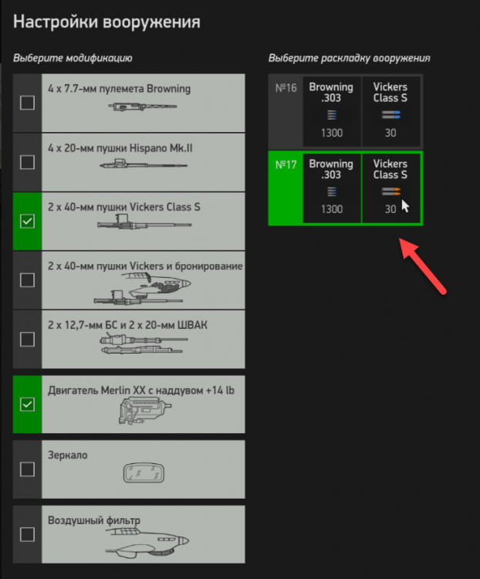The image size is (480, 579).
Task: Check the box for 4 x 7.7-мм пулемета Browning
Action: (x=27, y=103)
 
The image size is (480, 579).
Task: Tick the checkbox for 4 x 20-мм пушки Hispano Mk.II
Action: (x=27, y=162)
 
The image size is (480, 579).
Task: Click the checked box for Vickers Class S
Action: (x=27, y=222)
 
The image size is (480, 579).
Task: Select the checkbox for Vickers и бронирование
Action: (x=27, y=280)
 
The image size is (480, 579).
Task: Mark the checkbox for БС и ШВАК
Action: (x=27, y=340)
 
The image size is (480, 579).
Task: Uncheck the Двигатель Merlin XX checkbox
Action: (x=27, y=405)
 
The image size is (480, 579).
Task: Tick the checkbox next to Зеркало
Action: (x=27, y=469)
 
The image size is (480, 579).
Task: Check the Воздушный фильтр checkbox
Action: (x=27, y=534)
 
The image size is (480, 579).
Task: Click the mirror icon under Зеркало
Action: (x=144, y=472)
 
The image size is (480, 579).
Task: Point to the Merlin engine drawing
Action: (x=145, y=410)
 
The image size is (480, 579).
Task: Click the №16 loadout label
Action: (x=286, y=88)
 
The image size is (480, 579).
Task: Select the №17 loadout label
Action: (x=286, y=164)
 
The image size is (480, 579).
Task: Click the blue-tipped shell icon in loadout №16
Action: (x=391, y=115)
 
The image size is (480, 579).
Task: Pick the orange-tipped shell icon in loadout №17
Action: (x=391, y=191)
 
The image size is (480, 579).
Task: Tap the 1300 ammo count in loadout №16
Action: (x=332, y=133)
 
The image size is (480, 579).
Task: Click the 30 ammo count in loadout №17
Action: (x=390, y=209)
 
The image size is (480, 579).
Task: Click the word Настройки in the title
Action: (x=56, y=22)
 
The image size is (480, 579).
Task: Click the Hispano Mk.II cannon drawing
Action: (x=144, y=164)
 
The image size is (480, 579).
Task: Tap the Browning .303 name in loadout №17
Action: (x=331, y=169)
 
